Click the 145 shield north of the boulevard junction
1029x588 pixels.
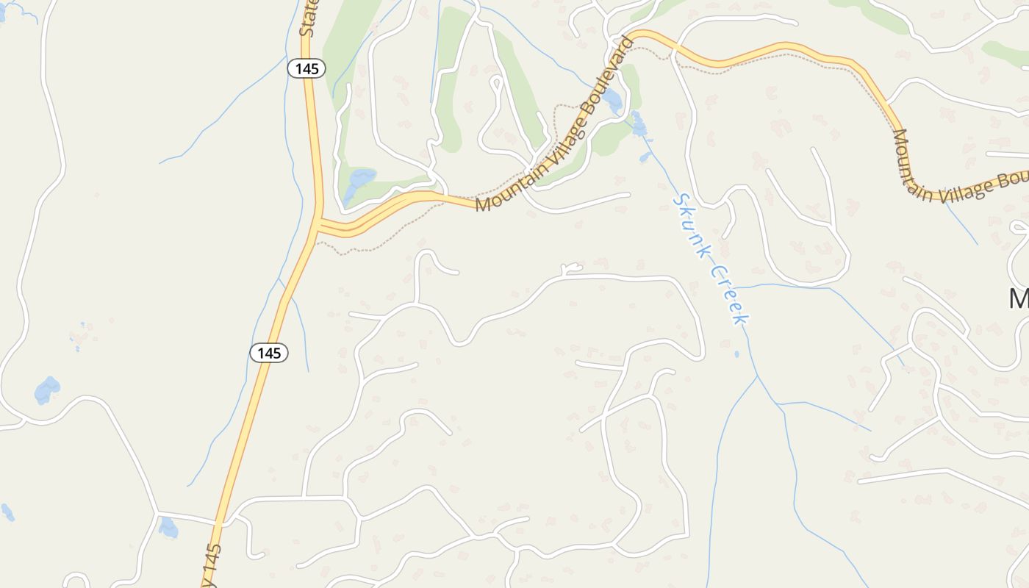click(306, 68)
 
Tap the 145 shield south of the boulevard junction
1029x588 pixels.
click(269, 353)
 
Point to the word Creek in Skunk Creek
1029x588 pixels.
click(729, 294)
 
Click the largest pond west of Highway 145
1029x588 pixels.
click(47, 390)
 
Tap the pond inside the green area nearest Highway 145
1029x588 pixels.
click(359, 184)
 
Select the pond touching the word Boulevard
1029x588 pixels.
click(613, 99)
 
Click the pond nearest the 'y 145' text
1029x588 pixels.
click(168, 527)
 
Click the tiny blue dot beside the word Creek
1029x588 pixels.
click(737, 354)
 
